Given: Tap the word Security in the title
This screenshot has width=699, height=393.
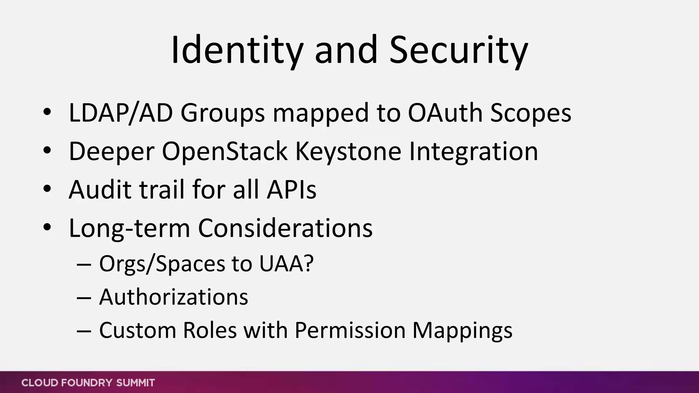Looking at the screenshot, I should click(458, 50).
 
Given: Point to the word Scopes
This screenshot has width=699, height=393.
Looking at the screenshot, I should click(530, 114).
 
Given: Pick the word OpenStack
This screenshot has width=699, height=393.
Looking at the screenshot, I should click(225, 151).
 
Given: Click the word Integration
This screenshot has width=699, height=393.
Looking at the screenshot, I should click(473, 151).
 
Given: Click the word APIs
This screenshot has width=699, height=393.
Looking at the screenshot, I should click(291, 189).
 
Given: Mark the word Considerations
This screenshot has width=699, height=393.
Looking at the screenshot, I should click(285, 228).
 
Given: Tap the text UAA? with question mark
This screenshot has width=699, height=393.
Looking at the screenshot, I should click(286, 263).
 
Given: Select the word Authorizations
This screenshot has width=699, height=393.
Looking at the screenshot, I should click(173, 297).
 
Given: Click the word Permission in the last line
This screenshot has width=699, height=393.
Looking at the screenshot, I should click(349, 330).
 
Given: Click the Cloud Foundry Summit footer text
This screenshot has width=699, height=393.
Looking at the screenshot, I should click(88, 383).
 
